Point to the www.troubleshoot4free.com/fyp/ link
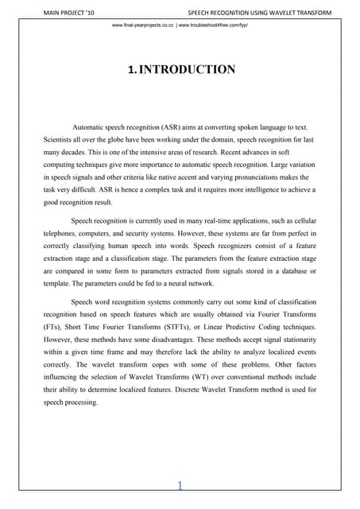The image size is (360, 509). (214, 25)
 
